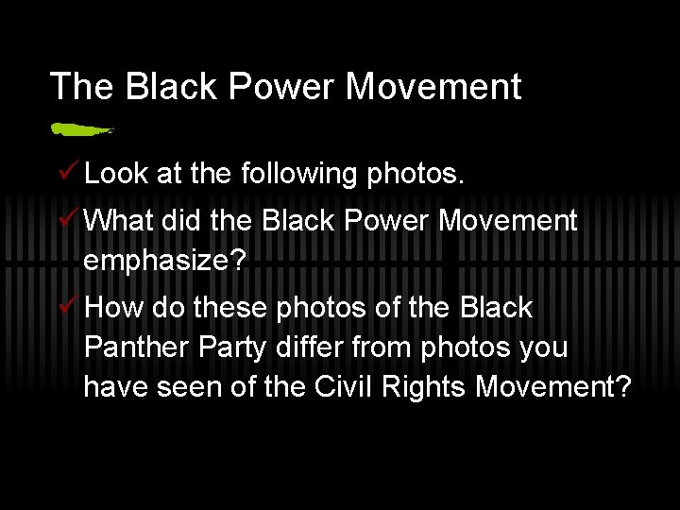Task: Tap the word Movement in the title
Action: [x=433, y=87]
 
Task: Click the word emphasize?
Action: [x=164, y=261]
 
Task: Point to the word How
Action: [x=112, y=308]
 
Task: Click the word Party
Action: [x=240, y=348]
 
